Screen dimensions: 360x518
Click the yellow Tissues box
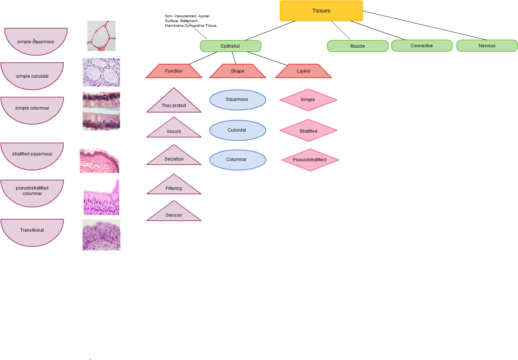(321, 11)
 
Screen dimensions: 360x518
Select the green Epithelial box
(230, 46)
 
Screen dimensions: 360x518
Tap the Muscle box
(357, 46)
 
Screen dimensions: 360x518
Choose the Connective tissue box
(422, 46)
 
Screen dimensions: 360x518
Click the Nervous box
(487, 46)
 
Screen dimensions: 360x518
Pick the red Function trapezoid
(174, 71)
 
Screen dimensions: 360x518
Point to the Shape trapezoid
(238, 71)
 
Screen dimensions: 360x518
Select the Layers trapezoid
(304, 71)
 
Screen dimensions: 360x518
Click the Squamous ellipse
(237, 100)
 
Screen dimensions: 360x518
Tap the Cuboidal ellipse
(237, 130)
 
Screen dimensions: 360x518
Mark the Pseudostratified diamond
(310, 160)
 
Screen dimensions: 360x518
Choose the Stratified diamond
(308, 131)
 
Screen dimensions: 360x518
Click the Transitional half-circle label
(32, 231)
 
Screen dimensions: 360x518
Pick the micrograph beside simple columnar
(101, 111)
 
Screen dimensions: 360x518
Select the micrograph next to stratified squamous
(99, 156)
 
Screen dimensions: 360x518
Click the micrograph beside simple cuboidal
(101, 72)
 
